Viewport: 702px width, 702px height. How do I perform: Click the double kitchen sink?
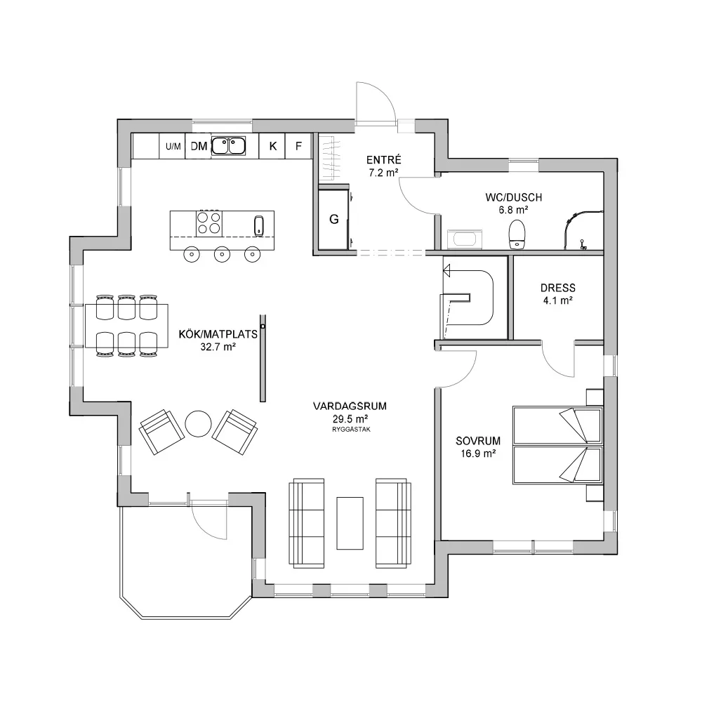[x=228, y=145]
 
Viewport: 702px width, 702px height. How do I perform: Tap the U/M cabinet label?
[x=173, y=147]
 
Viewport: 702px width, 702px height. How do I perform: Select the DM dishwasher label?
[x=199, y=147]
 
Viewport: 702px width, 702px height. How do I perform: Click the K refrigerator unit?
[x=272, y=146]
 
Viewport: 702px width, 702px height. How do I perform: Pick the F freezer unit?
[x=298, y=146]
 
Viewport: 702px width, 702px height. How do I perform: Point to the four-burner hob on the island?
[x=209, y=223]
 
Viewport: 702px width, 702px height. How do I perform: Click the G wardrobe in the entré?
[x=333, y=219]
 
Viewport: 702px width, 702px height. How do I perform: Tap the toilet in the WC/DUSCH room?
[x=517, y=233]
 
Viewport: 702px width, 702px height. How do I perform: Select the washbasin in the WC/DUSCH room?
[x=465, y=239]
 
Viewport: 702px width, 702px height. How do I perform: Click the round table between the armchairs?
[x=199, y=423]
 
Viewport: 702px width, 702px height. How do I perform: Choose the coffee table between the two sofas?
[x=350, y=523]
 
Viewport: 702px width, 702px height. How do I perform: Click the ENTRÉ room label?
[x=384, y=160]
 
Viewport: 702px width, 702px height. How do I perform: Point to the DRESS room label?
[x=558, y=288]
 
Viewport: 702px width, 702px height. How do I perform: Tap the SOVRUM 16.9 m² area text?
[x=478, y=453]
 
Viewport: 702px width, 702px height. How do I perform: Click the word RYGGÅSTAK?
[x=351, y=430]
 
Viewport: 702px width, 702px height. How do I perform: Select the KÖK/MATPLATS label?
[x=218, y=334]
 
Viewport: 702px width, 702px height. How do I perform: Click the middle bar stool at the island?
[x=222, y=254]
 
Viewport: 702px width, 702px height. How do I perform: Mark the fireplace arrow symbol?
[x=446, y=270]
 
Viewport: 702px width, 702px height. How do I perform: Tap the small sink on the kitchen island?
[x=259, y=225]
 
